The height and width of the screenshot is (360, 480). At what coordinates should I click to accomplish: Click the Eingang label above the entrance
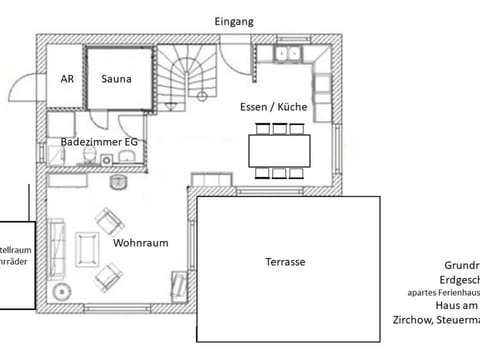[x=235, y=21]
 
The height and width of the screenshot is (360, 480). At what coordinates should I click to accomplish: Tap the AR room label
[x=68, y=77]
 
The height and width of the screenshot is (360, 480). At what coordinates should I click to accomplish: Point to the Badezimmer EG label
[x=99, y=143]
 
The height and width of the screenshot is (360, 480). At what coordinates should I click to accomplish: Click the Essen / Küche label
[x=273, y=106]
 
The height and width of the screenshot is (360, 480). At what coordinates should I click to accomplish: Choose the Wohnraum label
[x=140, y=243]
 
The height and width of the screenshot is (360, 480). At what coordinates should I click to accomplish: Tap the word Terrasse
[x=285, y=262]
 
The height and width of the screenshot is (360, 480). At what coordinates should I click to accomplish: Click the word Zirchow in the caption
[x=403, y=321]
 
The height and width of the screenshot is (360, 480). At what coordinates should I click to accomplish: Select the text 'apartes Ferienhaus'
[x=442, y=293]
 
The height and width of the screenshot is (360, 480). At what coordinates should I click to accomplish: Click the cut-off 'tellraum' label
[x=14, y=249]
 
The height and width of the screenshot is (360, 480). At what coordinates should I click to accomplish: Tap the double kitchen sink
[x=289, y=53]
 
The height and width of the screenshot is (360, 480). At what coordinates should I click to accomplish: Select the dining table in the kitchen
[x=280, y=150]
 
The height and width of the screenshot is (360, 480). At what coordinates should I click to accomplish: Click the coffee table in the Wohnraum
[x=88, y=249]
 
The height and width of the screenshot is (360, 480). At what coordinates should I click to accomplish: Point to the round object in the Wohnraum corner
[x=62, y=293]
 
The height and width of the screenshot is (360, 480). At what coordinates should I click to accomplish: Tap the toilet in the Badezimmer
[x=119, y=183]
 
